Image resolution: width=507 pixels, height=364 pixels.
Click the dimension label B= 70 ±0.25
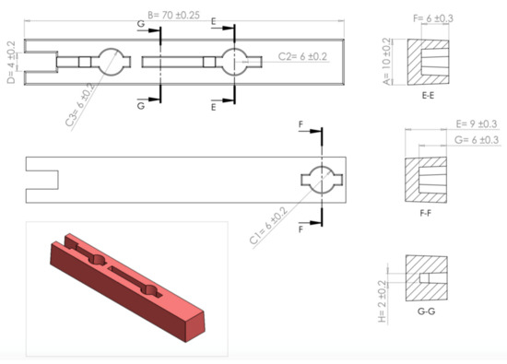pos(173,15)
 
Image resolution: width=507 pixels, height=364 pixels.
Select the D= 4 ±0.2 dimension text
pos(11,62)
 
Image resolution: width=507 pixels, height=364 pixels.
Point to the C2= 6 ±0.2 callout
pos(302,56)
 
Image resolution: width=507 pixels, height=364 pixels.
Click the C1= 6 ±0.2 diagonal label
pos(268,226)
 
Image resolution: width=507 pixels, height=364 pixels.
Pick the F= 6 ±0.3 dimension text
pos(433,18)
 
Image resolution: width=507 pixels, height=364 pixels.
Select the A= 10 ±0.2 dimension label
pos(386,62)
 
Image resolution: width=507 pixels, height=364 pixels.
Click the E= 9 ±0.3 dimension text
pos(477,123)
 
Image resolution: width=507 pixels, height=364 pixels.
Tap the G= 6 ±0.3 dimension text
pos(477,140)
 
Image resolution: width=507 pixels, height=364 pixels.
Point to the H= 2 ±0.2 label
pos(383,301)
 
